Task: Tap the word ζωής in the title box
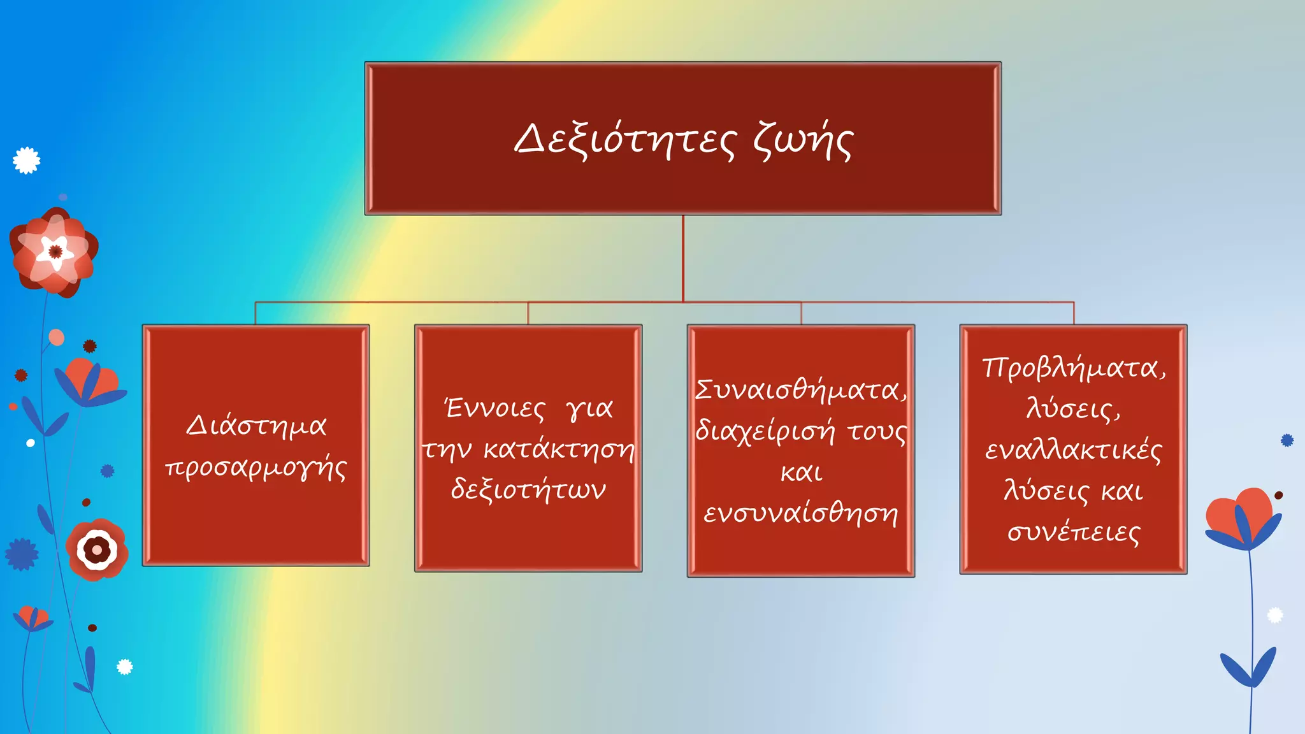[x=803, y=141]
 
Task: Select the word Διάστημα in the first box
[x=256, y=426]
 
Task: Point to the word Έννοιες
[x=495, y=408]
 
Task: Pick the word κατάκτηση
[x=559, y=449]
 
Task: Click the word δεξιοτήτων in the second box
[x=528, y=490]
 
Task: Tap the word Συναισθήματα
[x=800, y=390]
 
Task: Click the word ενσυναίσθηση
[x=801, y=513]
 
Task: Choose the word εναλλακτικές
[x=1074, y=450]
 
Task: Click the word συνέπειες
[x=1074, y=532]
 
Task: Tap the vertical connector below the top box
[x=683, y=258]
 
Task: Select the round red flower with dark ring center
[x=97, y=549]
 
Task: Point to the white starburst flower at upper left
[x=27, y=161]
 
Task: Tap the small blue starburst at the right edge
[x=1287, y=440]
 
